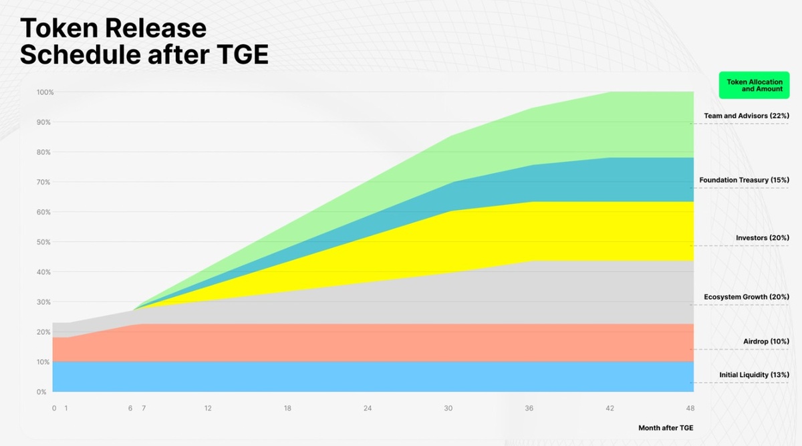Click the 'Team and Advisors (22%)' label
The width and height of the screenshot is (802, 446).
[747, 116]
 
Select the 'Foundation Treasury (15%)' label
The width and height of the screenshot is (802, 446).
[744, 180]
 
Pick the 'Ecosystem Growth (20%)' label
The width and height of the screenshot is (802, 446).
[747, 296]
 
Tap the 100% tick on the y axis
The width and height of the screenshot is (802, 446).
[45, 92]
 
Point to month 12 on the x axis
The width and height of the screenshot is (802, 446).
[209, 408]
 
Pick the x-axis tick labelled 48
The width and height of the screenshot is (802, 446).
[690, 408]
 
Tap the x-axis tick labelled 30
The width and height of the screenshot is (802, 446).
[448, 408]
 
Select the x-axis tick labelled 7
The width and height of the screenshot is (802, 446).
[143, 408]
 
